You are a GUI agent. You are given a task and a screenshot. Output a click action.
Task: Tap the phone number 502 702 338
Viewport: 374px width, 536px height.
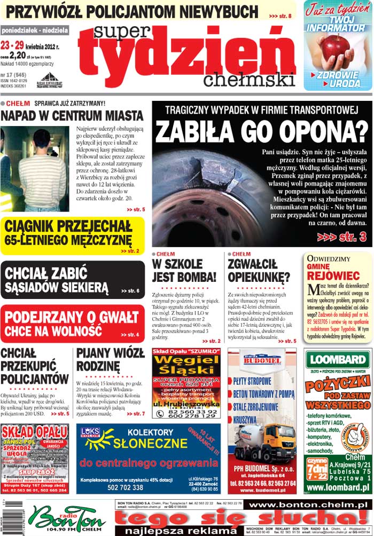126,487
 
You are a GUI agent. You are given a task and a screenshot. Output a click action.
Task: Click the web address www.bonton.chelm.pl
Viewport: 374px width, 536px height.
307,505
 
